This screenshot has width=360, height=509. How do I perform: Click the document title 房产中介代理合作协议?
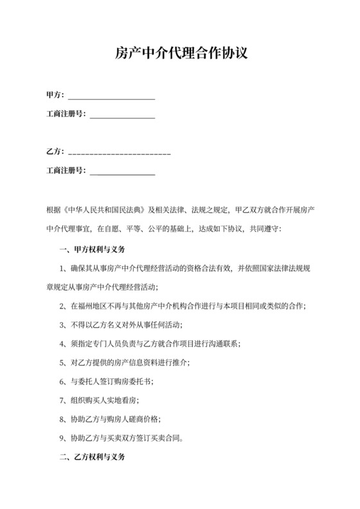pyautogui.click(x=179, y=53)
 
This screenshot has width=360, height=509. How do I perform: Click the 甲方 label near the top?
pyautogui.click(x=54, y=96)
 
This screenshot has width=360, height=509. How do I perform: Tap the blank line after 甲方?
pyautogui.click(x=111, y=97)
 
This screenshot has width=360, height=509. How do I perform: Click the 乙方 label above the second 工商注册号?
pyautogui.click(x=54, y=152)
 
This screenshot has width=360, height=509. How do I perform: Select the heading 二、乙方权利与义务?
pyautogui.click(x=91, y=459)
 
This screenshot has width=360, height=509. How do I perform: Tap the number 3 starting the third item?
pyautogui.click(x=62, y=325)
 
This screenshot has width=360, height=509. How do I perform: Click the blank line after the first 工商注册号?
pyautogui.click(x=122, y=116)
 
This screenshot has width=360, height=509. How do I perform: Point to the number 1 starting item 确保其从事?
pyautogui.click(x=62, y=269)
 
